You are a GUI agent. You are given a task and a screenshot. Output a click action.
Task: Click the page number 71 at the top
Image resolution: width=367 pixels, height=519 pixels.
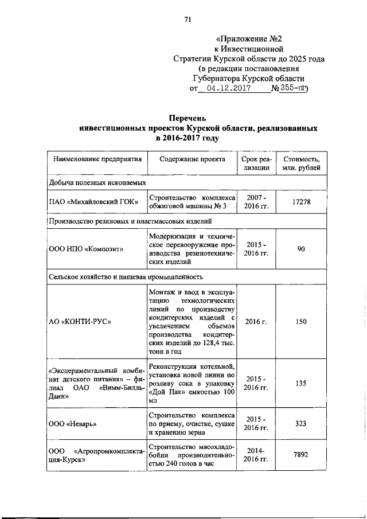coord(188,21)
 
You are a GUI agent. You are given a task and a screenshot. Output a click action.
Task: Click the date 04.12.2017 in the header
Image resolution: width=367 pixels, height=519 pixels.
coord(227,89)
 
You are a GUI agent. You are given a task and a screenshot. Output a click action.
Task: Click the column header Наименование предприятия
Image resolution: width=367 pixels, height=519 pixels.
coord(94,159)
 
